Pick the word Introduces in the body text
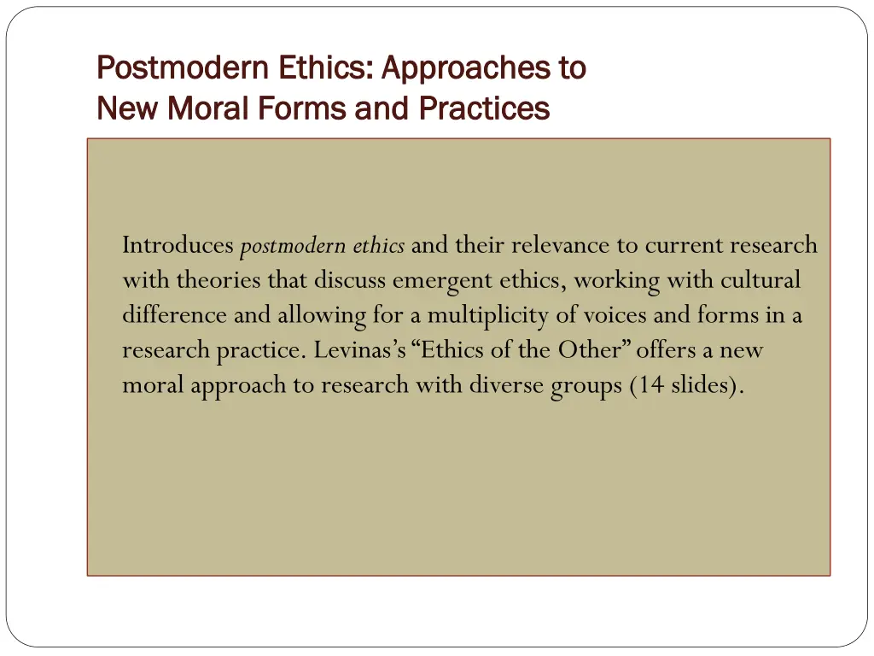click(x=178, y=246)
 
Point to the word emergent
click(x=440, y=280)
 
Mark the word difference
click(x=175, y=315)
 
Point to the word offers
click(x=667, y=350)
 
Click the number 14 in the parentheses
click(x=649, y=385)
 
